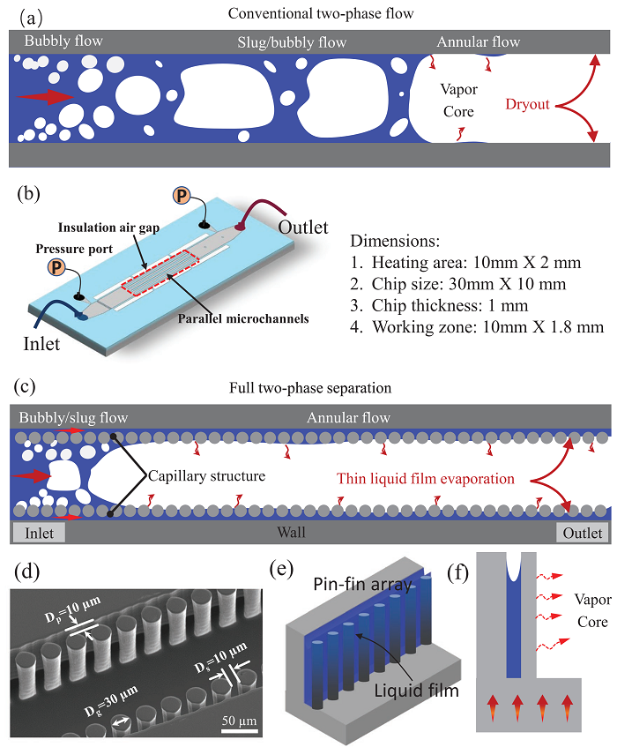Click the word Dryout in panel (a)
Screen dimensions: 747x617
click(x=527, y=104)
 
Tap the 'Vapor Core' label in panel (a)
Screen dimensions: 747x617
click(x=458, y=101)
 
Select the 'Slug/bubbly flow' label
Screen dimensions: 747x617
click(x=292, y=42)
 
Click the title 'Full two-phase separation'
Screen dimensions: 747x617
click(x=308, y=388)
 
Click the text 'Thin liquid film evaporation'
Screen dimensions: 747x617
click(x=425, y=479)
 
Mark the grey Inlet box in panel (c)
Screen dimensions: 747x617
click(x=40, y=534)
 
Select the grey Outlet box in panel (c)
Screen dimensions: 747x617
click(x=582, y=534)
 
